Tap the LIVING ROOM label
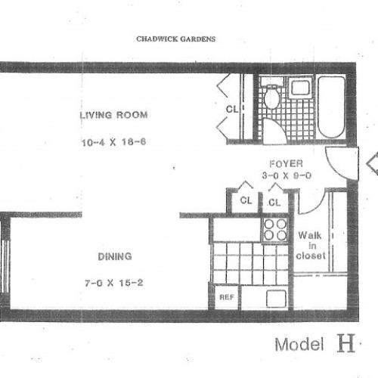pyautogui.click(x=113, y=116)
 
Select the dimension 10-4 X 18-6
pyautogui.click(x=113, y=141)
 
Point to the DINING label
pyautogui.click(x=113, y=256)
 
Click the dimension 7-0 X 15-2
pyautogui.click(x=113, y=283)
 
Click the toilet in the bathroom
pyautogui.click(x=273, y=98)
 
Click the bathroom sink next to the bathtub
pyautogui.click(x=299, y=88)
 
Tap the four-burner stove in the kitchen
pyautogui.click(x=275, y=229)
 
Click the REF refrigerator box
pyautogui.click(x=225, y=297)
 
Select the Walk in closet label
pyautogui.click(x=311, y=245)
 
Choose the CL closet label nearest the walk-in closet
pyautogui.click(x=273, y=202)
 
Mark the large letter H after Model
pyautogui.click(x=344, y=344)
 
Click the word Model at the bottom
pyautogui.click(x=299, y=345)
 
